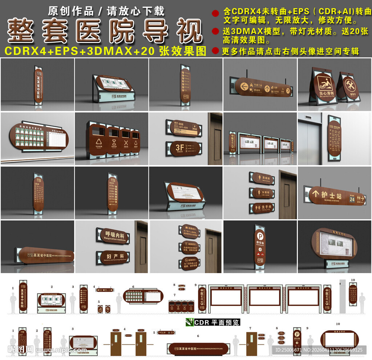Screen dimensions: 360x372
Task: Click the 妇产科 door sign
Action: click(x=112, y=256)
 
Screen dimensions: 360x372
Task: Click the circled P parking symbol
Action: click(x=259, y=235)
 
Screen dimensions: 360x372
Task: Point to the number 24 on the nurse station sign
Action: click(x=352, y=199)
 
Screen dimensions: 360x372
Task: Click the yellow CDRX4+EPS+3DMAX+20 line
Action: click(x=105, y=51)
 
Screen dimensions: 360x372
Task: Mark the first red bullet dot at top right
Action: click(x=215, y=13)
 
